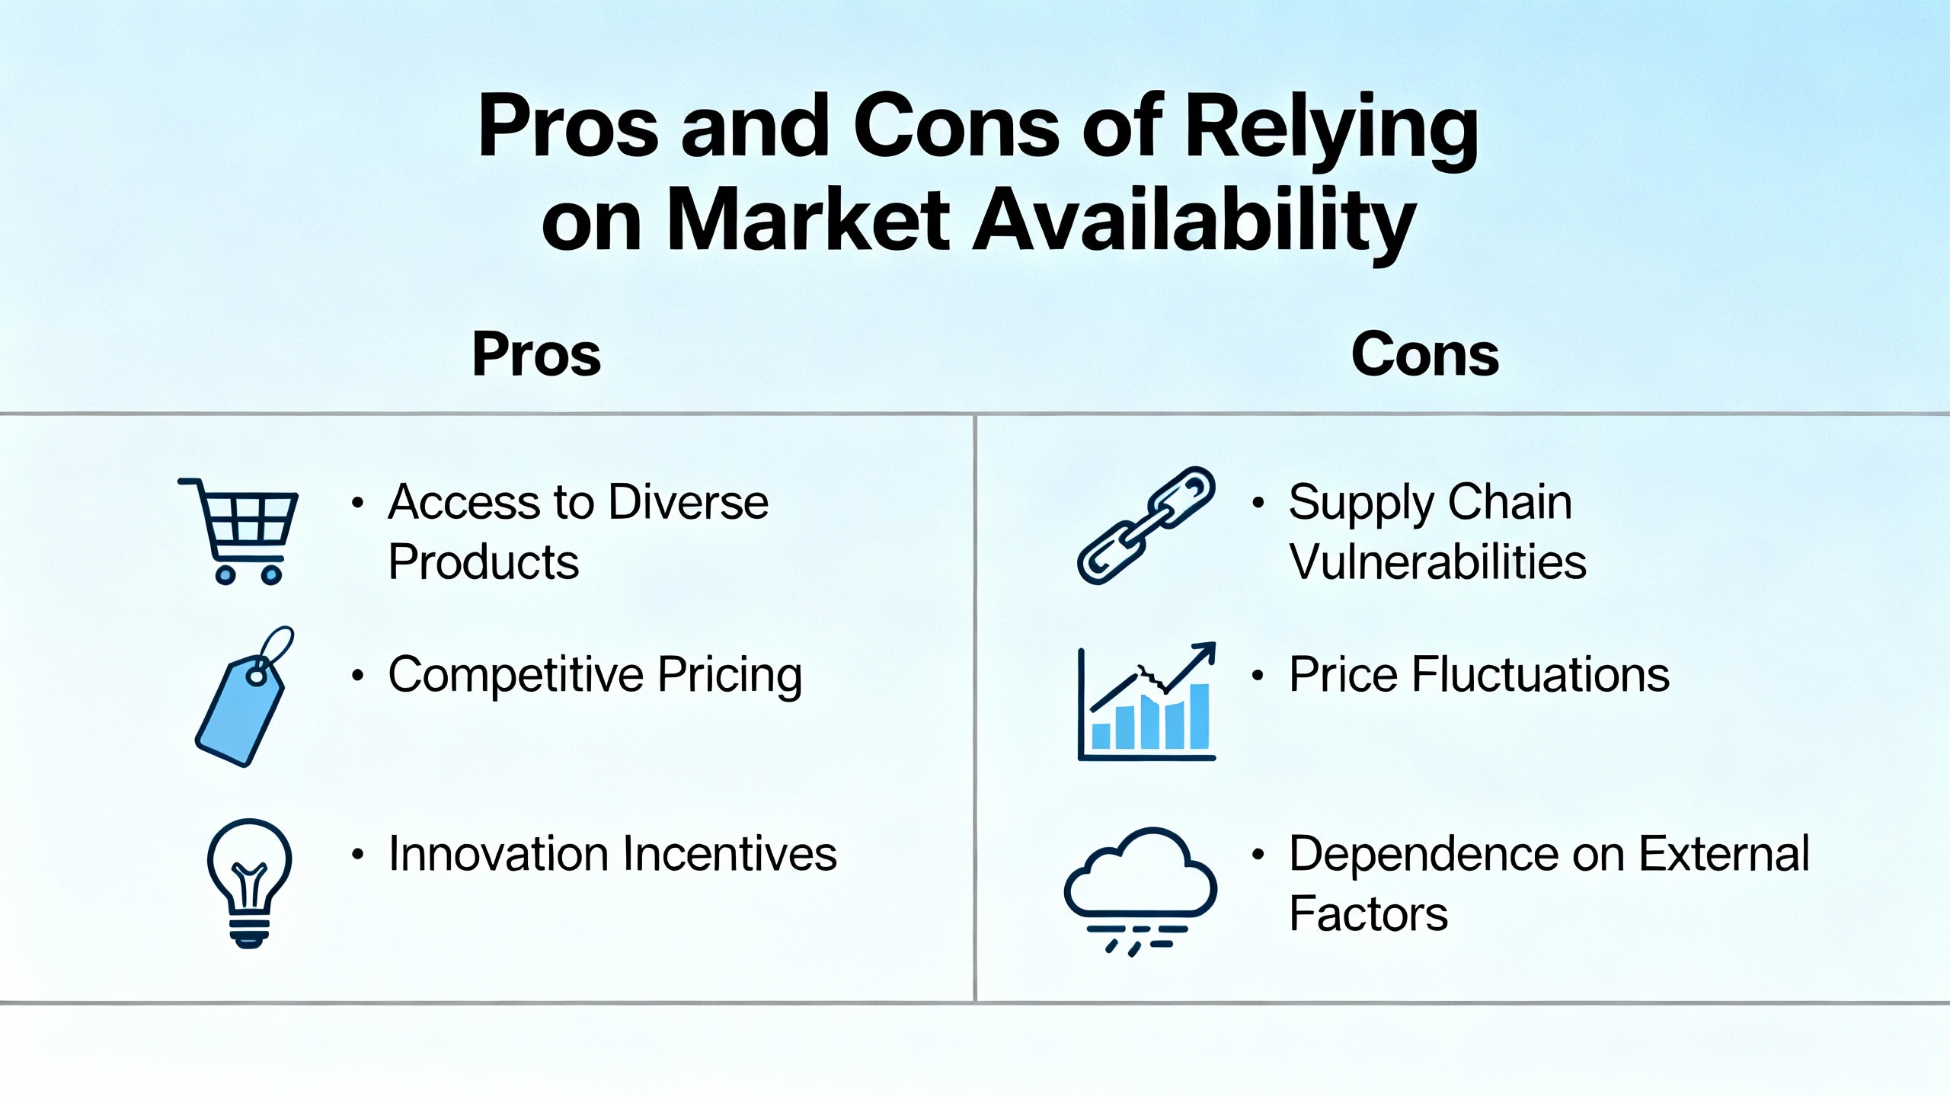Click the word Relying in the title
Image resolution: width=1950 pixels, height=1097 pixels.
[1331, 133]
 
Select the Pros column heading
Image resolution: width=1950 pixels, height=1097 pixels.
[536, 354]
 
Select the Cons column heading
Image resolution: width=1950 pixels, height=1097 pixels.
[1424, 354]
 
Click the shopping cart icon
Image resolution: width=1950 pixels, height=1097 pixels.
[238, 531]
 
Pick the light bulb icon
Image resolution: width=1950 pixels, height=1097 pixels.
[250, 883]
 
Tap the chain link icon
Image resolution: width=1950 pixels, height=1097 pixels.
[1146, 526]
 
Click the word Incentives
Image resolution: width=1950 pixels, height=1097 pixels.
[730, 853]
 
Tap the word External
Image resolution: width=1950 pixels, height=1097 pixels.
[1724, 853]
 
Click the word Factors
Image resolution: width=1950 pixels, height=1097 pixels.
[1368, 913]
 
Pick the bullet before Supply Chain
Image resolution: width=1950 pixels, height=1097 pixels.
[1258, 503]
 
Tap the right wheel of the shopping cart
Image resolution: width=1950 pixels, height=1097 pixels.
[272, 575]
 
